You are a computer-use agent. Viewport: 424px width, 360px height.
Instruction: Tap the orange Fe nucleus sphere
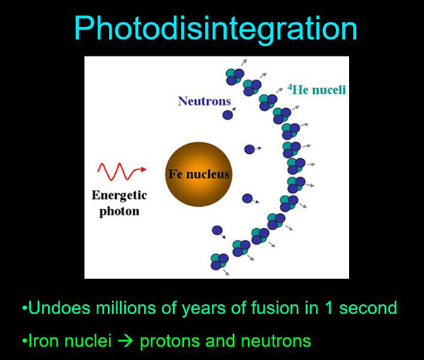[x=199, y=174]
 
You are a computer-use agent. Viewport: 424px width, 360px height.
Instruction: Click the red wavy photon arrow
[x=122, y=172]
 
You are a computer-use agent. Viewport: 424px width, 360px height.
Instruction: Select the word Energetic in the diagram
[x=119, y=196]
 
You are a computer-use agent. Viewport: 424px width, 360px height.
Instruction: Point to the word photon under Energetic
[x=119, y=212]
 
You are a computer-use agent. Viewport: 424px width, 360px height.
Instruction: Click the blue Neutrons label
[x=204, y=101]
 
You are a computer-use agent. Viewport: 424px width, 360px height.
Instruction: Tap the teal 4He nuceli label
[x=317, y=90]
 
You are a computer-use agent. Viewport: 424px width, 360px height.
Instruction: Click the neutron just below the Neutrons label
[x=228, y=115]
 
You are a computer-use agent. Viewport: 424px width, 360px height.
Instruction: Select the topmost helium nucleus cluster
[x=235, y=76]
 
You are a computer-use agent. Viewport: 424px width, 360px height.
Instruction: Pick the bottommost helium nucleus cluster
[x=220, y=261]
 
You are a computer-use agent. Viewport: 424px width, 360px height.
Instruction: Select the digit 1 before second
[x=329, y=308]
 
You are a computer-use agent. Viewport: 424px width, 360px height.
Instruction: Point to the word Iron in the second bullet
[x=42, y=340]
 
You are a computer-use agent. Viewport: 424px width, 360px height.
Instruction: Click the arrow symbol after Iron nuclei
[x=126, y=341]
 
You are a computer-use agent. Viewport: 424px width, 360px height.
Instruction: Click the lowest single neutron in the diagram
[x=217, y=230]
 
